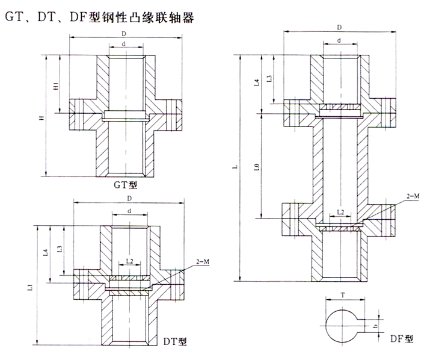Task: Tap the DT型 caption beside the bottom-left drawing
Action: (176, 341)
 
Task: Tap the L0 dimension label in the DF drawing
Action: (257, 166)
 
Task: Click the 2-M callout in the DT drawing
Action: (203, 262)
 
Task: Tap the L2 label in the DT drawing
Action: (129, 262)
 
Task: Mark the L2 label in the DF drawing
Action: (340, 213)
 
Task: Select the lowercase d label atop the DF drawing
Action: (340, 40)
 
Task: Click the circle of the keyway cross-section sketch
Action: (342, 324)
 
